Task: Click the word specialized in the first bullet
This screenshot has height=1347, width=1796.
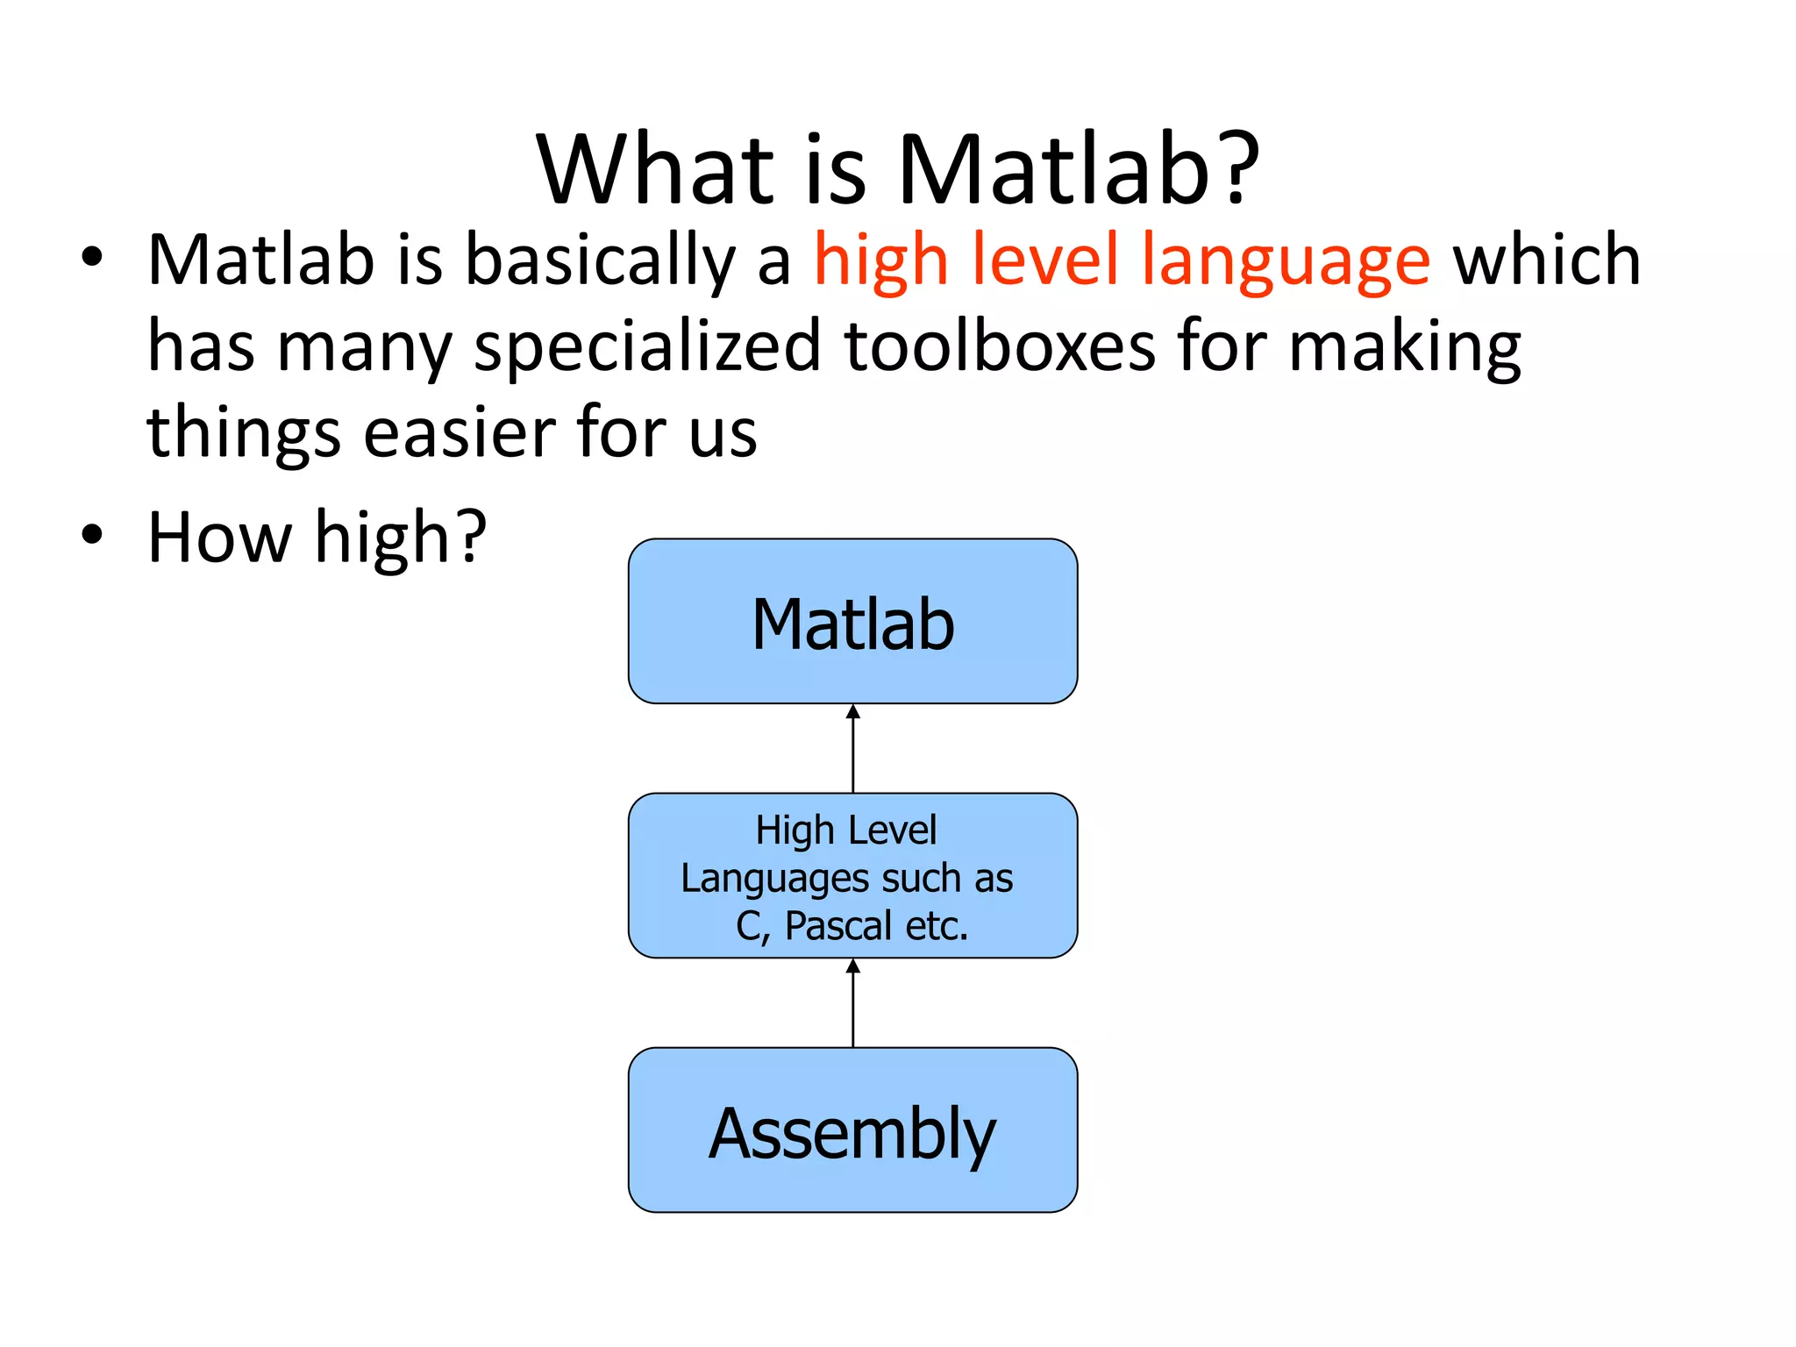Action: pyautogui.click(x=647, y=347)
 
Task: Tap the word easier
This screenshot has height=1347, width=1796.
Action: pyautogui.click(x=460, y=432)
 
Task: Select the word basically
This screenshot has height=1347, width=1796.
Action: pyautogui.click(x=600, y=260)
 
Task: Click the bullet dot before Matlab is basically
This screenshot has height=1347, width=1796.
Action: pyautogui.click(x=92, y=258)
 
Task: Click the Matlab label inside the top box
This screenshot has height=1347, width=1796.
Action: pyautogui.click(x=852, y=624)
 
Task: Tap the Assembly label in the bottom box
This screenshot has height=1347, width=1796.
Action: pyautogui.click(x=852, y=1133)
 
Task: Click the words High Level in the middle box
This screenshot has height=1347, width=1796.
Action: pyautogui.click(x=846, y=830)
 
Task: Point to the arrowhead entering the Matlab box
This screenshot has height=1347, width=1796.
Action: pyautogui.click(x=853, y=712)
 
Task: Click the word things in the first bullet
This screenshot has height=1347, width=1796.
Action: pyautogui.click(x=244, y=432)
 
